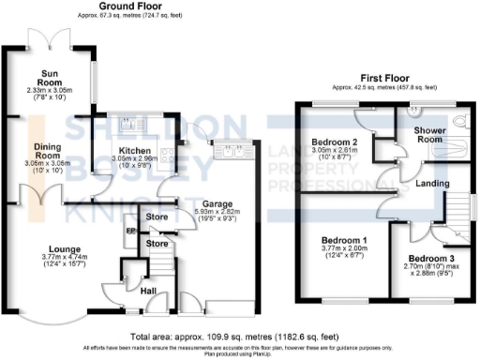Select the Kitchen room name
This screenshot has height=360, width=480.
[x=134, y=149]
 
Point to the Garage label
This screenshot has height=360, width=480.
[x=218, y=202]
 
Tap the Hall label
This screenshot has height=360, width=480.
[x=147, y=292]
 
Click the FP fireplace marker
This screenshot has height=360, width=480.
[x=131, y=230]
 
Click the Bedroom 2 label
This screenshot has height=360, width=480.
[x=332, y=142]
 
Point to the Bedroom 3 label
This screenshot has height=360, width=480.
[x=430, y=259]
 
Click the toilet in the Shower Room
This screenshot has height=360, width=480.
[x=460, y=122]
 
